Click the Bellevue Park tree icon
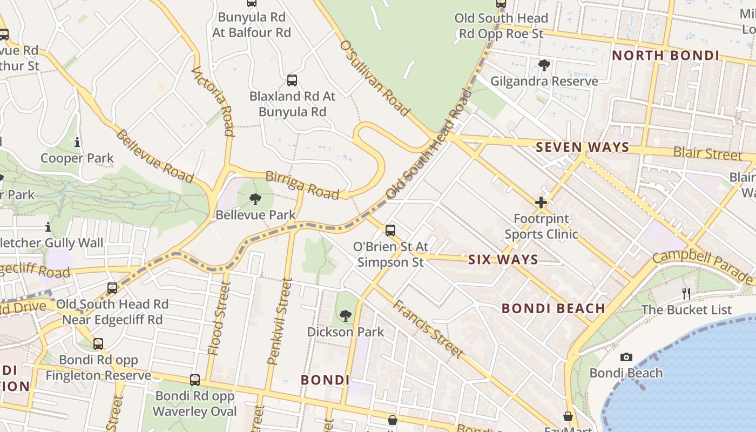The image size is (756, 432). pos(255,199)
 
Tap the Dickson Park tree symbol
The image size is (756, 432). pos(346,316)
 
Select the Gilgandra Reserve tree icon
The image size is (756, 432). pos(544,65)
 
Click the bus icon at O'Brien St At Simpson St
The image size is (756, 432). pos(390,231)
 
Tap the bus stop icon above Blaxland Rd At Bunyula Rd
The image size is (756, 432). pos(292,80)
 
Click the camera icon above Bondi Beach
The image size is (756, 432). pos(626,357)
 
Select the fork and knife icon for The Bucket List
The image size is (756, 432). pos(686,293)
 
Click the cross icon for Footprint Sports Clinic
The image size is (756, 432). pos(541,202)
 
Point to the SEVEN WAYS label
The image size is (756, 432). pos(582,147)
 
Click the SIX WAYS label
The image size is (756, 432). pos(503,260)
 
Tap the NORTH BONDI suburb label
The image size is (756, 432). pos(665,56)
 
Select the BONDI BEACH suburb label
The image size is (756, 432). pos(553,308)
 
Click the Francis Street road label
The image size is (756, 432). pos(427,328)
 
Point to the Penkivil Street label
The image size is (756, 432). pos(280,321)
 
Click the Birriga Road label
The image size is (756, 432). pos(302,185)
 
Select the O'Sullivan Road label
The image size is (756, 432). pos(374,77)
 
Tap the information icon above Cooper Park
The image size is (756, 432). pos(77,142)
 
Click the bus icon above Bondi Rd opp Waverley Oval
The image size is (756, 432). pos(195,380)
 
